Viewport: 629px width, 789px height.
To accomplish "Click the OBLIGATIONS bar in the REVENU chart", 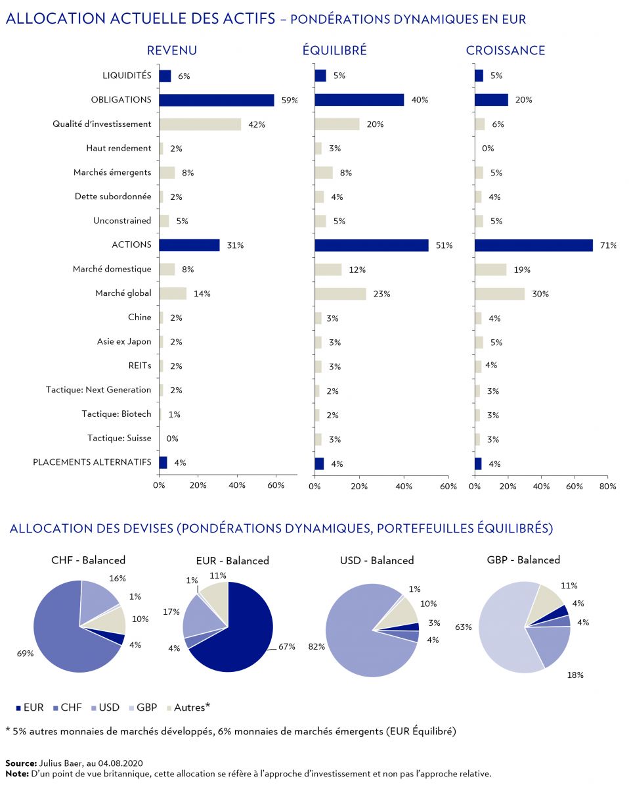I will click(217, 100).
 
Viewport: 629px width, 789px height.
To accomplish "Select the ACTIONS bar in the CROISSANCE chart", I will click(533, 245).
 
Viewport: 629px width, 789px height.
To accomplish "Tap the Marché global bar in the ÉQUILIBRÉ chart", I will click(340, 294).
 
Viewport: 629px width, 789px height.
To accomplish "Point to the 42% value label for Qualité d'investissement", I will click(257, 124).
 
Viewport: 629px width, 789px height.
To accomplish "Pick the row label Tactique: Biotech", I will click(116, 414).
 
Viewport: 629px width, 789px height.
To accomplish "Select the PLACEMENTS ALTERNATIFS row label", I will click(92, 462).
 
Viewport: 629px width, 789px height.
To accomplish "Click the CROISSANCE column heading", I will click(506, 51).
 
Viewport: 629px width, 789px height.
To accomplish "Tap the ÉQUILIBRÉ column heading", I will click(334, 51).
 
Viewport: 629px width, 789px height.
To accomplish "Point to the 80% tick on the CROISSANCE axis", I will click(607, 486).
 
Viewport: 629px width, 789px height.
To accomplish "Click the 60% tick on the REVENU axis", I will click(276, 486).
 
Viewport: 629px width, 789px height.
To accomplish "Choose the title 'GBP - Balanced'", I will click(523, 560).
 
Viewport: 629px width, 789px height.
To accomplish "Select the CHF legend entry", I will click(69, 707).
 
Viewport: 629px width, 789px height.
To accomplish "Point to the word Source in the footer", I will click(20, 763).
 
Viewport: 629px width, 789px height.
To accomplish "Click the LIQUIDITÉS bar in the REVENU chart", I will click(165, 76).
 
